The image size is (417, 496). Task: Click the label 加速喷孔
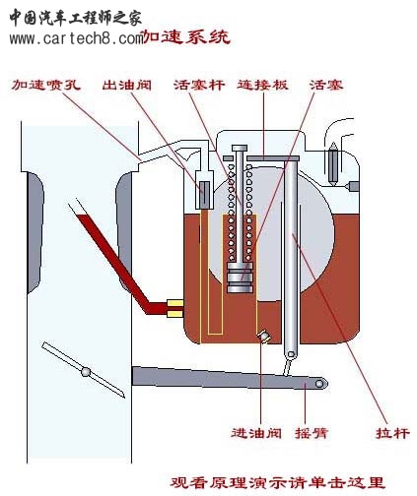click(x=45, y=85)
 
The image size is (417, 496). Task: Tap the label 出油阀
click(x=126, y=85)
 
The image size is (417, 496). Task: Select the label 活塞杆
click(x=199, y=85)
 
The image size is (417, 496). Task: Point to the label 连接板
click(x=262, y=85)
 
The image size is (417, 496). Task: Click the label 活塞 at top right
click(x=326, y=85)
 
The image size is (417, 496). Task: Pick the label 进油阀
click(x=256, y=433)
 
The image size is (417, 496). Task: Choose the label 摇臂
click(x=312, y=433)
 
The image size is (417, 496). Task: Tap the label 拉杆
click(x=392, y=433)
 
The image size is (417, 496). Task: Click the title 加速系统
click(x=186, y=36)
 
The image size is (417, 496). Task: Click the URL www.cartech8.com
click(x=76, y=38)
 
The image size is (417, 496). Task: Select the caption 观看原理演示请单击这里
click(x=277, y=482)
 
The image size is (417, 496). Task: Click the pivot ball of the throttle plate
click(x=86, y=372)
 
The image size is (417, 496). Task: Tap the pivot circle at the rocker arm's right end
click(x=319, y=384)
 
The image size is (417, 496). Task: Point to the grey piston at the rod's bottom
click(x=240, y=278)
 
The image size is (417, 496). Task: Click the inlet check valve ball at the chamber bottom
click(x=264, y=337)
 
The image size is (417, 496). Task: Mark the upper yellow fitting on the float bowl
click(x=174, y=303)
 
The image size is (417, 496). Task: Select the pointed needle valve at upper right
click(x=333, y=163)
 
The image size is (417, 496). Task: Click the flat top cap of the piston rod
click(x=240, y=148)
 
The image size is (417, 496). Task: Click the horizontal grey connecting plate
click(x=273, y=158)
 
